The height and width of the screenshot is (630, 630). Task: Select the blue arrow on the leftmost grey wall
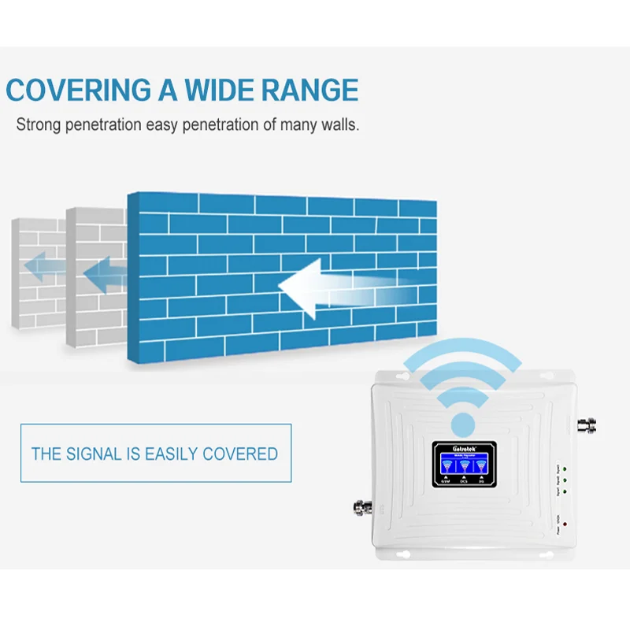(43, 269)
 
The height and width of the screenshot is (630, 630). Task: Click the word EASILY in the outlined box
(168, 454)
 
